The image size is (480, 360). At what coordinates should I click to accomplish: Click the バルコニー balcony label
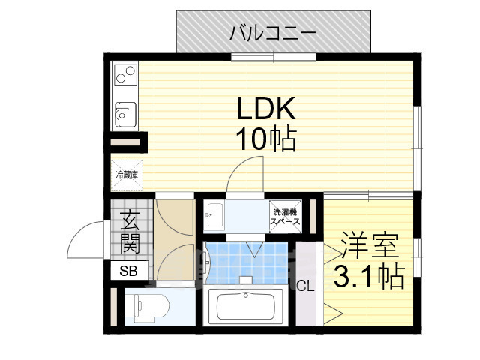(273, 32)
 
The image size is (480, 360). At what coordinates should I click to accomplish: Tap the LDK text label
(268, 109)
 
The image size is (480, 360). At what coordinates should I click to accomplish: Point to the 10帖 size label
(268, 139)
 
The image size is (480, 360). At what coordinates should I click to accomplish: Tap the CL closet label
(306, 285)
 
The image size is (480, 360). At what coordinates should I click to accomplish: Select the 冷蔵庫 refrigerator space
(125, 174)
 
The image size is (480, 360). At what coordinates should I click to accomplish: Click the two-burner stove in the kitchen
(124, 75)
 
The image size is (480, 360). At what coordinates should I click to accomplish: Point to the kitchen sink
(124, 114)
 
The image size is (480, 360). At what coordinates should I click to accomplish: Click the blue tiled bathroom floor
(247, 262)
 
